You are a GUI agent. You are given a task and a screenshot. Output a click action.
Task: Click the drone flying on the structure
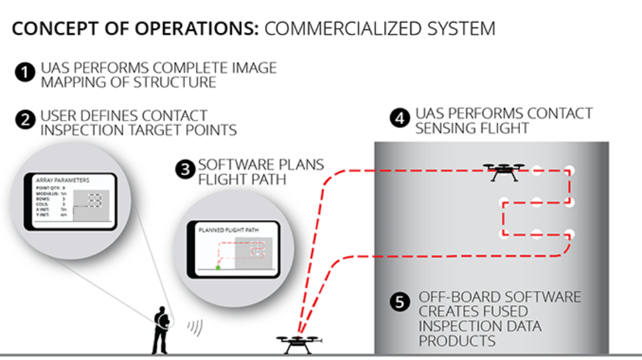tap(504, 171)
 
